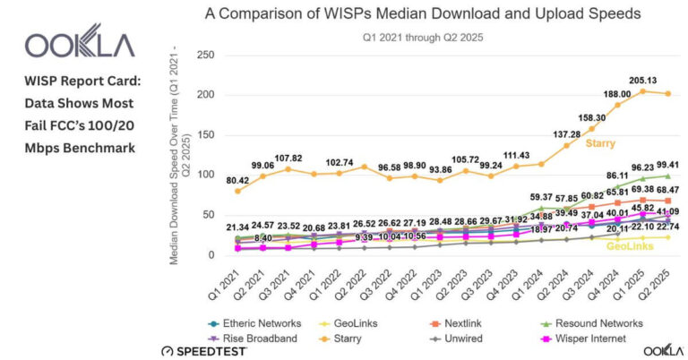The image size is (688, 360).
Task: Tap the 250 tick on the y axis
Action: point(203,55)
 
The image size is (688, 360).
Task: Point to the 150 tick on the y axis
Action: point(203,135)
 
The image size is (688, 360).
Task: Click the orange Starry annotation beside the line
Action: point(601,142)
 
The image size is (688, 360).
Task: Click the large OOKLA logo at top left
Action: point(80,45)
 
